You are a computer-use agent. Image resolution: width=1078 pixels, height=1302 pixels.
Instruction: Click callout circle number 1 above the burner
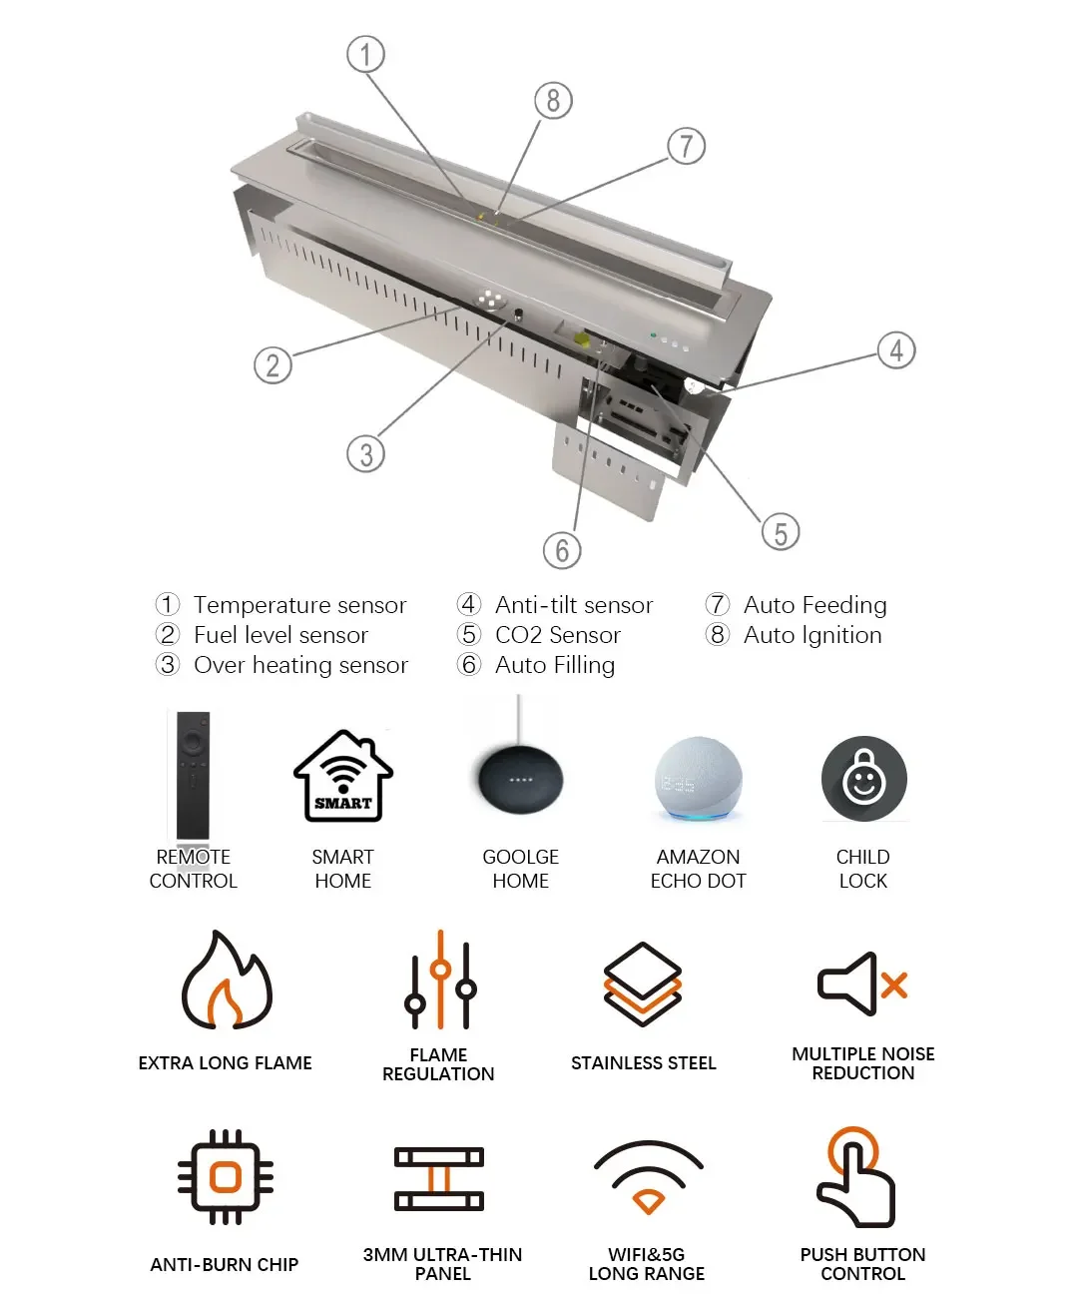(365, 54)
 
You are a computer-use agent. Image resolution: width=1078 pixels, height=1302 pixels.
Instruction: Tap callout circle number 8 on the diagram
(553, 101)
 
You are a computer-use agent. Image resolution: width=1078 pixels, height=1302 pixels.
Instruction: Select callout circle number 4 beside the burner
(896, 349)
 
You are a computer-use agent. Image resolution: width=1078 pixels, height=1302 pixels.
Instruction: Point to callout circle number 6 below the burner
(562, 550)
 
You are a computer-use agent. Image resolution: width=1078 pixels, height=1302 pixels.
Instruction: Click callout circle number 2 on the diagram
(272, 364)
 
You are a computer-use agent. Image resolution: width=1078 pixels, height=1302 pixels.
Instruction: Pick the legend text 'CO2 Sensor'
(558, 635)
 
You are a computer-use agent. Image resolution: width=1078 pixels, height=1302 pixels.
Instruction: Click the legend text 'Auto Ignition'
(812, 635)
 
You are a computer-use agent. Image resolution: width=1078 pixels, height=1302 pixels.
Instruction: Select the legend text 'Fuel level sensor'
(281, 635)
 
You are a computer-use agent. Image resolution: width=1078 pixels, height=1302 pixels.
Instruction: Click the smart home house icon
(343, 775)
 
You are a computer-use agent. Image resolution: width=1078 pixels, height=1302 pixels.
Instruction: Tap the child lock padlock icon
(863, 778)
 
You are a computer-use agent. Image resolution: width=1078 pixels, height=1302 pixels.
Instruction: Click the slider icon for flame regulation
(440, 978)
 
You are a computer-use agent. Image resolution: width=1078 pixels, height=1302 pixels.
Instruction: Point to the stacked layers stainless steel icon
(642, 983)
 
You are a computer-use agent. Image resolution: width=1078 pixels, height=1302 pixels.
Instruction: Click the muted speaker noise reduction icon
(862, 983)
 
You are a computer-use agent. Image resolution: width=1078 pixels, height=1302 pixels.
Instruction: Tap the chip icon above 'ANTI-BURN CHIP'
(225, 1177)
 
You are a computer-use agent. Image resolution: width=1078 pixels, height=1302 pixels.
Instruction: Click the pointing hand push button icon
(856, 1177)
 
